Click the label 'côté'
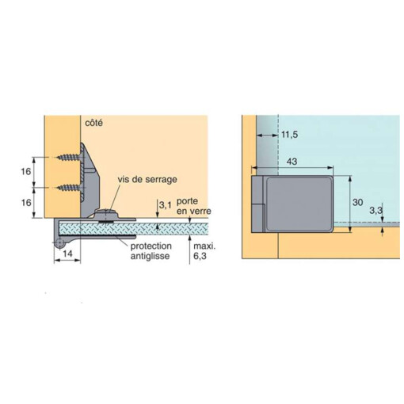coord(94,124)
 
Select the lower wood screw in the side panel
coord(69,187)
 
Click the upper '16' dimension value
coord(25,171)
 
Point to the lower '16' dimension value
coord(25,202)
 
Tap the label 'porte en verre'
coord(189,208)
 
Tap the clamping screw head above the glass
coord(105,212)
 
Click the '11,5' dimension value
coord(292,135)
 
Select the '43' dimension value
coord(292,161)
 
